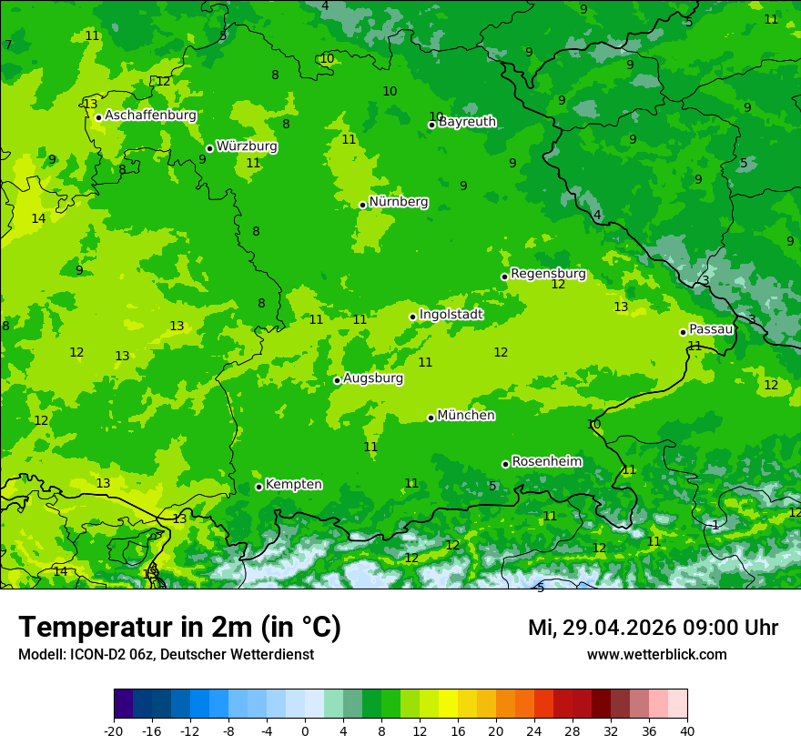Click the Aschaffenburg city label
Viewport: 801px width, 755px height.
pos(150,116)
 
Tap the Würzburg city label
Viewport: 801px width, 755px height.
pos(247,146)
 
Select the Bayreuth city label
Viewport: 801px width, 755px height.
pos(468,122)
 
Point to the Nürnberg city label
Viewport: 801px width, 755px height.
pos(399,202)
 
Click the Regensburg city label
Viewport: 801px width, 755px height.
pos(548,274)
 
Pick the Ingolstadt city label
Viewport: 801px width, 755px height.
pos(451,315)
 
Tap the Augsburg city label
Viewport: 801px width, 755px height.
pos(373,378)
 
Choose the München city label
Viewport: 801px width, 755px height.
pos(466,416)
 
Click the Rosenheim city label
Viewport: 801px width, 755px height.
pos(547,462)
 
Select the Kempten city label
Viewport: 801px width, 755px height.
pos(293,485)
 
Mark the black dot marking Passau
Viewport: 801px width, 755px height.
pos(683,332)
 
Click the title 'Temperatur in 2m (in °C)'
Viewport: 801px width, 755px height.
pos(179,628)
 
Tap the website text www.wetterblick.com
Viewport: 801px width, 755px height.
pos(656,655)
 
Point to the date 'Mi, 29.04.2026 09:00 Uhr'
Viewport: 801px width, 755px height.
pos(653,628)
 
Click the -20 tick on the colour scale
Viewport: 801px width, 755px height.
pos(114,731)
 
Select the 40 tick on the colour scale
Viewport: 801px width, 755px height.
pos(687,731)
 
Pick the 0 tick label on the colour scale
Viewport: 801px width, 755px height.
pos(305,731)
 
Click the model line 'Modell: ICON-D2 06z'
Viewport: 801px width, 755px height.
pos(166,655)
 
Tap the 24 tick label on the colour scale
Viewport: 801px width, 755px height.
pos(534,731)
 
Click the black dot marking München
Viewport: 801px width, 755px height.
pos(431,418)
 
